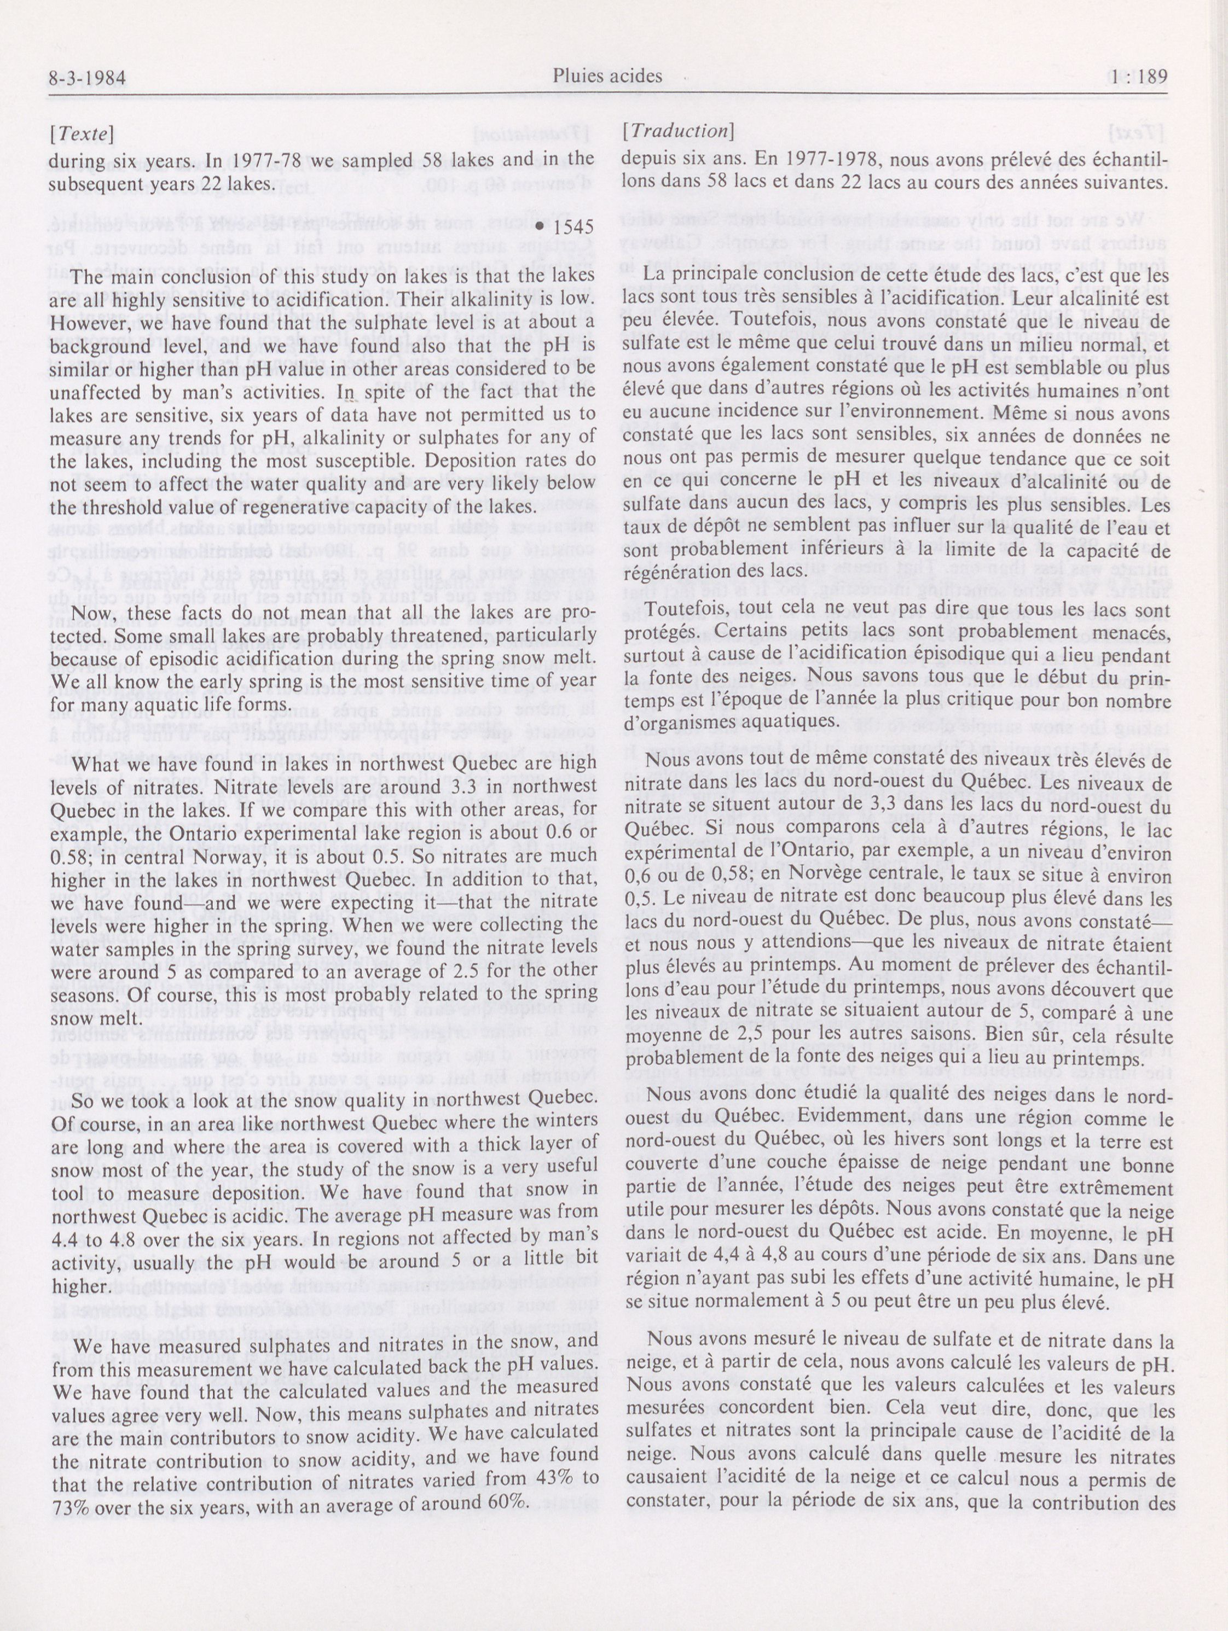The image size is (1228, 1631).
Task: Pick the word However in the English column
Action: (x=84, y=322)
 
